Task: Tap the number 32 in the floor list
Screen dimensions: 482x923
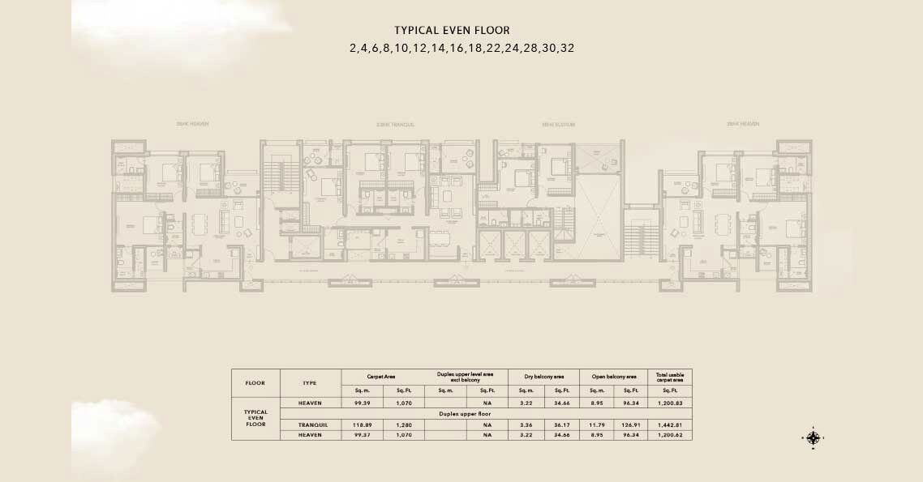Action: (x=566, y=48)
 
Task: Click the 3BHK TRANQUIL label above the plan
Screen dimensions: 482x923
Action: (x=395, y=124)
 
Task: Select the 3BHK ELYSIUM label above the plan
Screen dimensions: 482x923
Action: (x=558, y=124)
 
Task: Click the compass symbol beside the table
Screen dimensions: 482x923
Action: (x=814, y=438)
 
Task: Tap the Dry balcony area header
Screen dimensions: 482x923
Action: (x=544, y=377)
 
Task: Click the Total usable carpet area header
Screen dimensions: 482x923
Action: (x=669, y=377)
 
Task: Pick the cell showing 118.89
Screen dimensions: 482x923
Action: (x=363, y=424)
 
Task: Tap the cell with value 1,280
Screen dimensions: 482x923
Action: (x=405, y=424)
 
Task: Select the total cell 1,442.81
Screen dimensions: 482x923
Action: (x=669, y=424)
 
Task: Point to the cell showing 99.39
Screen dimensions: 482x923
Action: (x=363, y=403)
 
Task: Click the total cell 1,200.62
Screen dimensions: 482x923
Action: (x=669, y=435)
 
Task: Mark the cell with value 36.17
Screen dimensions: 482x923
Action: (x=562, y=424)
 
